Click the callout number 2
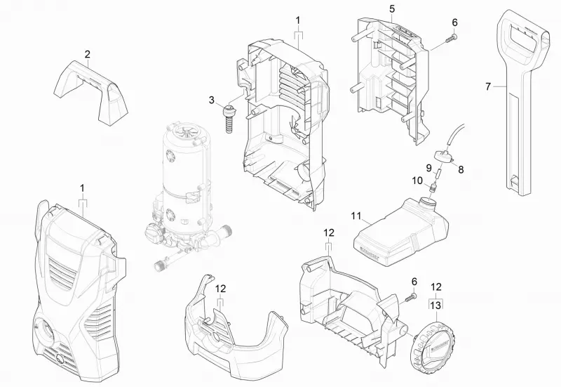click(87, 55)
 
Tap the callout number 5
click(392, 9)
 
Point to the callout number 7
click(488, 86)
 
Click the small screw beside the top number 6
click(451, 39)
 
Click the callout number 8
click(461, 169)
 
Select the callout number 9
click(428, 167)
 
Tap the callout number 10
click(417, 181)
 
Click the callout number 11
click(356, 216)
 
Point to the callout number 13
click(435, 306)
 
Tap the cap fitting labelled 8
click(444, 157)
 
